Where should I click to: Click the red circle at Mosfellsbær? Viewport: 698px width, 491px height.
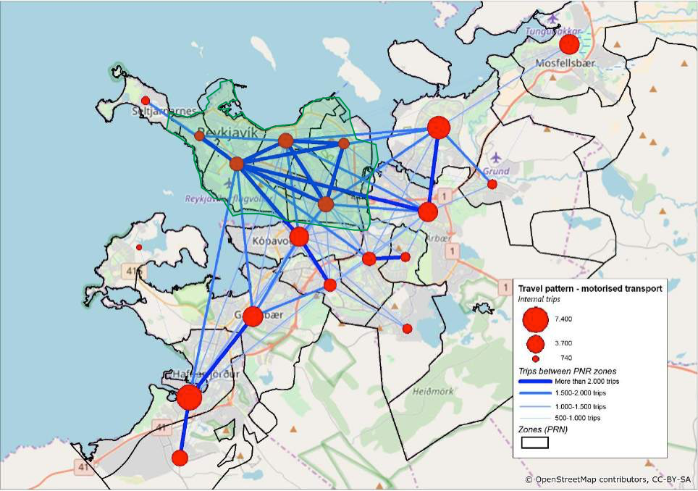coord(569,44)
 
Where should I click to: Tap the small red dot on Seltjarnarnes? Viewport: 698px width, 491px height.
coord(146,101)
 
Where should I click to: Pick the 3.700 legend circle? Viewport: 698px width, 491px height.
coord(536,343)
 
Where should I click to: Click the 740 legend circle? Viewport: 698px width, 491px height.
coord(536,358)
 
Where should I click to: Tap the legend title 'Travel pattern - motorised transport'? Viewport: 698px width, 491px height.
coord(589,289)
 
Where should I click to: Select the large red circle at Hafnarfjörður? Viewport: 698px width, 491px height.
coord(189,398)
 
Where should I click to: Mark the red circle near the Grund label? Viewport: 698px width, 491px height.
coord(492,185)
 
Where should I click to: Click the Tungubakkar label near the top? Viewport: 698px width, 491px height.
coord(548,31)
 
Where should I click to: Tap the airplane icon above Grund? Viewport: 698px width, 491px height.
coord(496,156)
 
